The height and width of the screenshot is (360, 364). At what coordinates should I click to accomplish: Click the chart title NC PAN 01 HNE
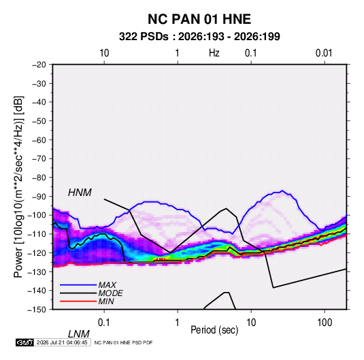[x=199, y=19]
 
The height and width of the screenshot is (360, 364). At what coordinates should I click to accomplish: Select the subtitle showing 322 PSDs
[x=199, y=37]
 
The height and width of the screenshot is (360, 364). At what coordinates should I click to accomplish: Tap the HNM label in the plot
[x=80, y=193]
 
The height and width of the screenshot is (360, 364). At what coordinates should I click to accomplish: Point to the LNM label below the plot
[x=79, y=334]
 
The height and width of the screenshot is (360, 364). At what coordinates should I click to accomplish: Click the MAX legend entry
[x=107, y=285]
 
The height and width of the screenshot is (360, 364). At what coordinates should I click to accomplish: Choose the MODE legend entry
[x=110, y=293]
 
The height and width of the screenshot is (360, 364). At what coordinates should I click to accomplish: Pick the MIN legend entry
[x=106, y=301]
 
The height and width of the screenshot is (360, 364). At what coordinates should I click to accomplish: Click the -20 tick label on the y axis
[x=39, y=65]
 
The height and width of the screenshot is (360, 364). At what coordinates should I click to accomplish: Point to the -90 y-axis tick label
[x=39, y=197]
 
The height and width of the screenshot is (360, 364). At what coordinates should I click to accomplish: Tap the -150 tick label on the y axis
[x=37, y=310]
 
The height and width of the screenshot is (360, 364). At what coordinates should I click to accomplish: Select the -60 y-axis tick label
[x=39, y=140]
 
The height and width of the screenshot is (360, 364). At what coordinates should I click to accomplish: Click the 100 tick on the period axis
[x=325, y=323]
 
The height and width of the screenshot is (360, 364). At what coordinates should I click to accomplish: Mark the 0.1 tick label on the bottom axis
[x=104, y=323]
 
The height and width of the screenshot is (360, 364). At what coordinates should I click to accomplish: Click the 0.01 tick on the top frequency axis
[x=324, y=53]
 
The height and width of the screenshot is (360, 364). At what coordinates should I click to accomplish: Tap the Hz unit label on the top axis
[x=214, y=53]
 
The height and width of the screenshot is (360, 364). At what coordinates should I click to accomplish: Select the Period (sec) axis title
[x=214, y=330]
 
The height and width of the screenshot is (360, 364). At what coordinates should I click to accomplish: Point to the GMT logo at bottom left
[x=25, y=342]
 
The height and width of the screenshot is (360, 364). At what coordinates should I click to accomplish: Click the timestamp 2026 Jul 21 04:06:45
[x=62, y=342]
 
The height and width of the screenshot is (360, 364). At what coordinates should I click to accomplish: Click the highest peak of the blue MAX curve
[x=282, y=191]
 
